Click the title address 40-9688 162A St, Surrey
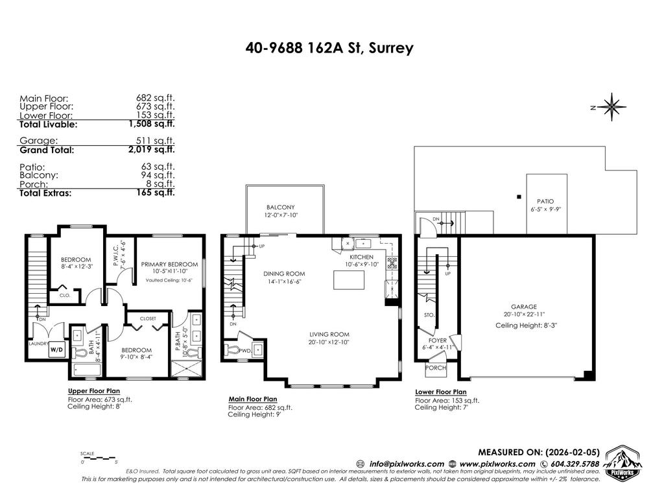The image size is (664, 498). (329, 48)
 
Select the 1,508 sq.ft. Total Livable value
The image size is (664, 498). (152, 123)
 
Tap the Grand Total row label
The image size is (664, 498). (47, 150)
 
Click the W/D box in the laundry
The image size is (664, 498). (58, 349)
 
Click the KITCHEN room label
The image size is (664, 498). (360, 257)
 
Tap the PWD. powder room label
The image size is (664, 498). (246, 350)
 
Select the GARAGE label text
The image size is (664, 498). (524, 307)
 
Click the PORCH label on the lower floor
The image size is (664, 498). (434, 368)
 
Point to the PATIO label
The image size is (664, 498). (545, 201)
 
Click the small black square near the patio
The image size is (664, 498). (517, 196)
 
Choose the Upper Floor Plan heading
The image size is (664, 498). (94, 391)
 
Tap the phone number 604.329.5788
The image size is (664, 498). (569, 464)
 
